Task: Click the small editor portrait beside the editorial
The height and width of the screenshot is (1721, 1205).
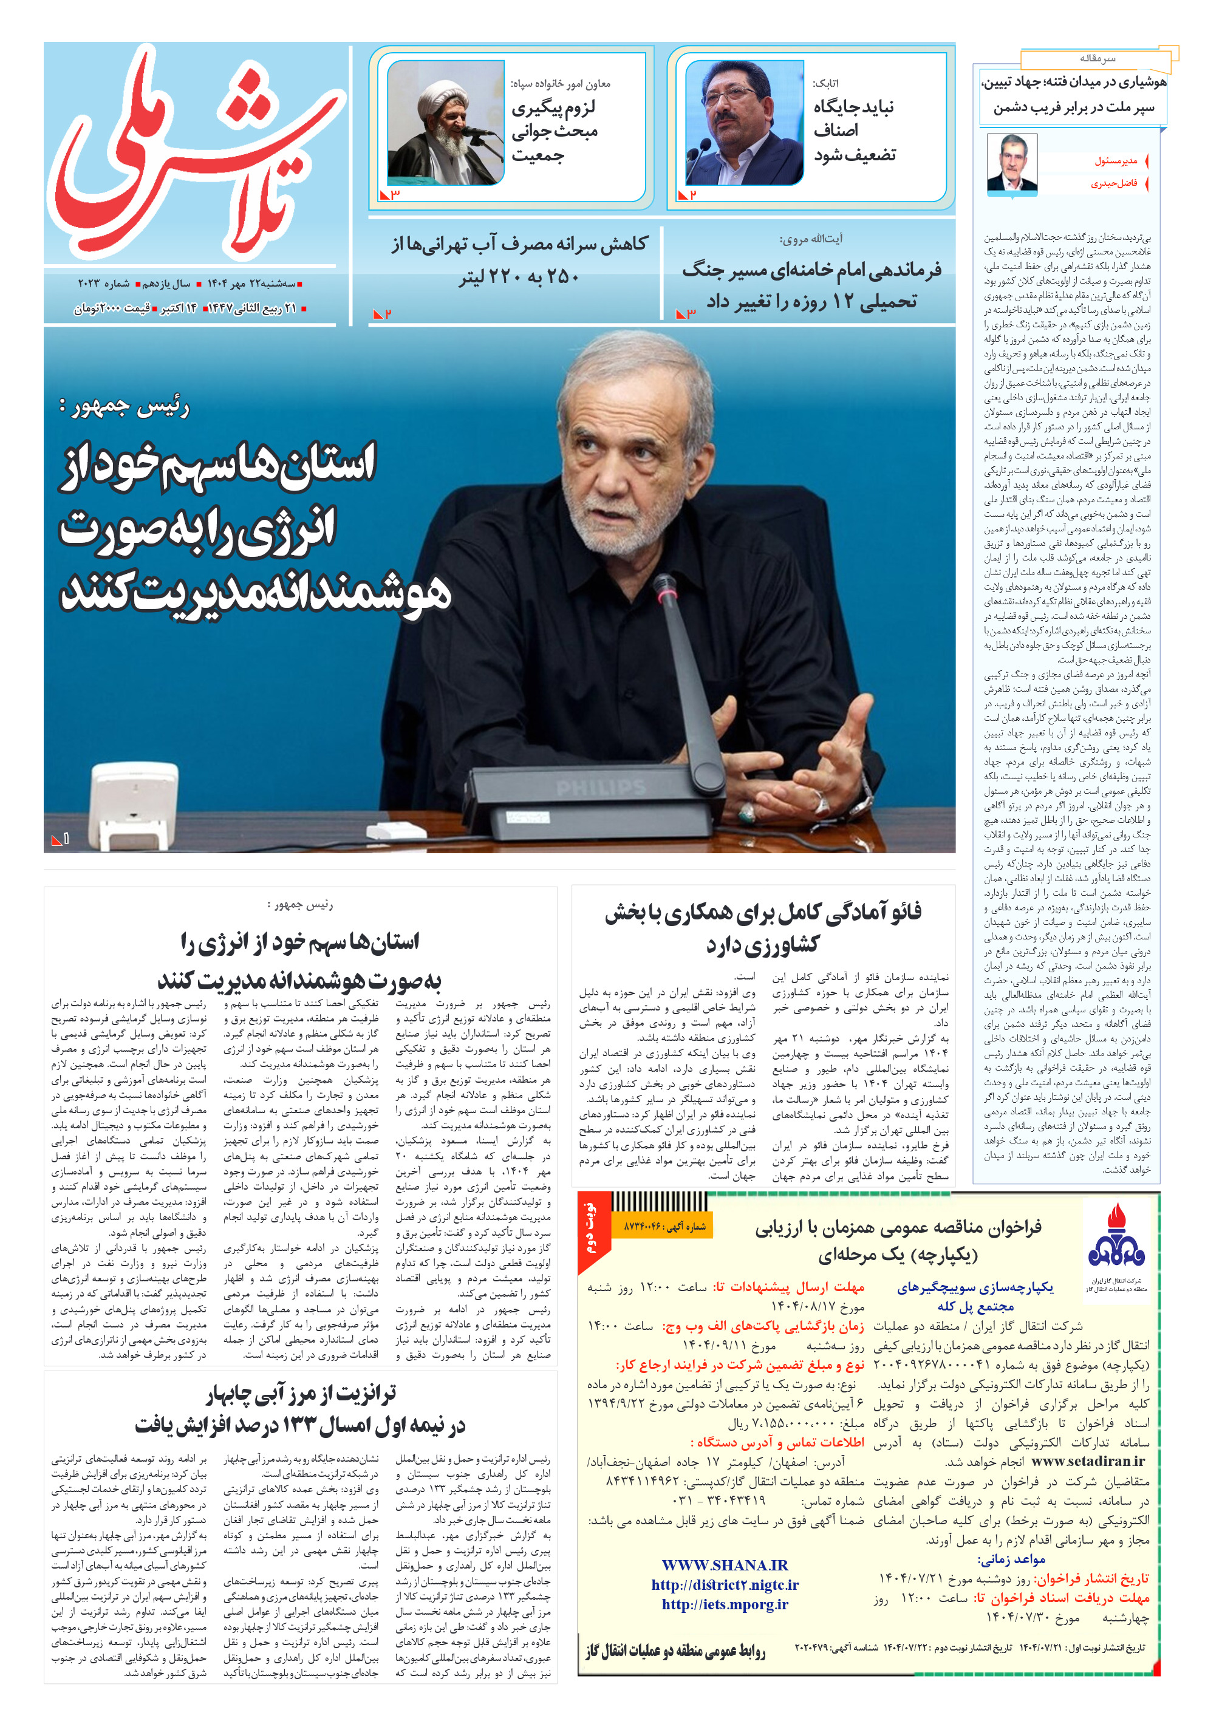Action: [x=1011, y=163]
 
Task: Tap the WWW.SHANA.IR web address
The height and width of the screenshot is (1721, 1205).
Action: [x=725, y=1565]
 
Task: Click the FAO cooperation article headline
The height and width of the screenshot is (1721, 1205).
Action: [x=763, y=927]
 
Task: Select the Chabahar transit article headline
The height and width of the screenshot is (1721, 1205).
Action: [x=301, y=1409]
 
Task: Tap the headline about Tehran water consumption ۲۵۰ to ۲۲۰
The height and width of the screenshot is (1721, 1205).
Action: [x=519, y=259]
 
